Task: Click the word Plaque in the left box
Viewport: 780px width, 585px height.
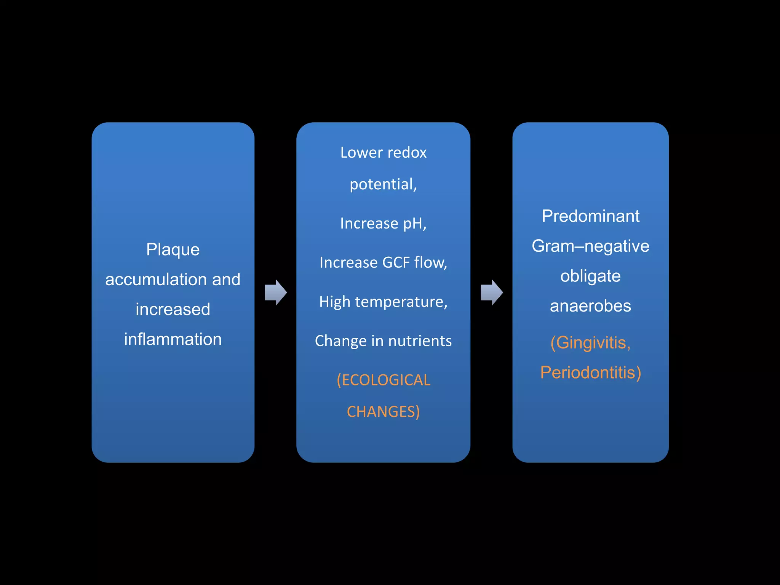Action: [173, 250]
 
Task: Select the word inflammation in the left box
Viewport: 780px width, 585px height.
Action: [173, 339]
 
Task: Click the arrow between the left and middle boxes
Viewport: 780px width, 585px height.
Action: [275, 292]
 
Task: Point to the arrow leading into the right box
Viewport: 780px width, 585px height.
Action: [491, 292]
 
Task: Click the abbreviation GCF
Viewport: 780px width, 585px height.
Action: [396, 262]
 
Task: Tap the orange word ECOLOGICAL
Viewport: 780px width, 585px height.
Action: [385, 380]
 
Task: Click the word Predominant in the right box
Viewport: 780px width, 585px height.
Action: [590, 216]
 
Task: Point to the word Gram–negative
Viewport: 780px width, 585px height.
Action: [590, 246]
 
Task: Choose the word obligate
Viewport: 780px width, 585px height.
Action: [590, 276]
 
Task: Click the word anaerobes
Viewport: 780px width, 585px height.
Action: [590, 306]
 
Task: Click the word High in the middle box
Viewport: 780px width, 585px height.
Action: [334, 302]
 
